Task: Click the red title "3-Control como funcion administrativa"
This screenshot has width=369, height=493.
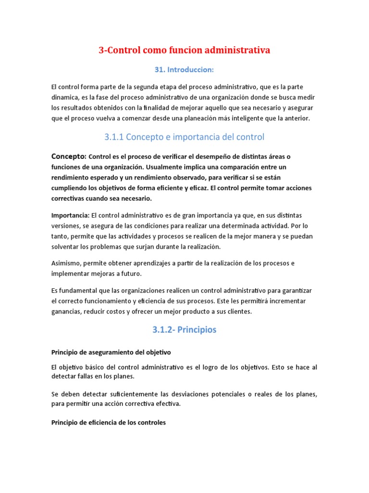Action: point(184,50)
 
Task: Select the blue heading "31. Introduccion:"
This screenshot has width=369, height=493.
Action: point(184,70)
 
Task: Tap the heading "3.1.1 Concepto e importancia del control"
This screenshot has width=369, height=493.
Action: point(184,137)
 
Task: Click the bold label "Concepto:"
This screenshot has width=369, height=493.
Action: point(69,156)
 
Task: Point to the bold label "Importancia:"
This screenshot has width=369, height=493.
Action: point(70,215)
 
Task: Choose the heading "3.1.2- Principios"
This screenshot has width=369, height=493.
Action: point(184,330)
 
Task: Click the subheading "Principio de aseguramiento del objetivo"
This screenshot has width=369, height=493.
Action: point(111,352)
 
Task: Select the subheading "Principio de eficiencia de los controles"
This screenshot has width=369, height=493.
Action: point(108,423)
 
